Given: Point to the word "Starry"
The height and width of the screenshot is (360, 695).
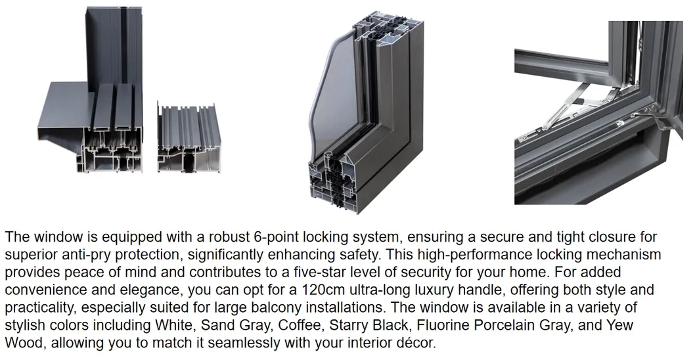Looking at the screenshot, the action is click(347, 326).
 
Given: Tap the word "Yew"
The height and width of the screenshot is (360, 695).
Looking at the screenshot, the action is click(620, 325).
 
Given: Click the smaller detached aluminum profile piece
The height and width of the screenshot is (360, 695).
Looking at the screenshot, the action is click(186, 137).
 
